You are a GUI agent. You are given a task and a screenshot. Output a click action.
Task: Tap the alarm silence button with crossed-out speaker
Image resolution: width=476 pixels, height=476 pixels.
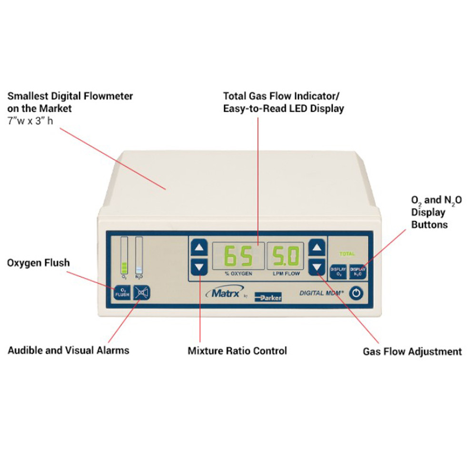pyautogui.click(x=141, y=292)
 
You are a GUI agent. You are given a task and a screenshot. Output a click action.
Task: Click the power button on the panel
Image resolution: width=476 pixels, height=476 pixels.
pyautogui.click(x=357, y=293)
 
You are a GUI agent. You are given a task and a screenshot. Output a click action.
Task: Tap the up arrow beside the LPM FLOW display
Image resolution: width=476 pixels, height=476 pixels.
pyautogui.click(x=317, y=248)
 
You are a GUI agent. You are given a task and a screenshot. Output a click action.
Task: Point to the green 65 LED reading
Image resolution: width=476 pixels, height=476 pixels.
pyautogui.click(x=238, y=256)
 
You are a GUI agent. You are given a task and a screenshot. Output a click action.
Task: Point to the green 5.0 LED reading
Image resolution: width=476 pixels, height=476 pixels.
pyautogui.click(x=286, y=256)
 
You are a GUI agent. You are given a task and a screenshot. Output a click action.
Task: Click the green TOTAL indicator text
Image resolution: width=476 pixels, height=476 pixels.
pyautogui.click(x=347, y=254)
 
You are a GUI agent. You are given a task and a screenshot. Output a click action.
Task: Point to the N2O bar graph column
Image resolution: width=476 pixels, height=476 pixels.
pyautogui.click(x=139, y=255)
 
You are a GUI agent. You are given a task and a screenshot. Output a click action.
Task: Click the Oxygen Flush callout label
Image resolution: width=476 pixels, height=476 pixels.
pyautogui.click(x=38, y=263)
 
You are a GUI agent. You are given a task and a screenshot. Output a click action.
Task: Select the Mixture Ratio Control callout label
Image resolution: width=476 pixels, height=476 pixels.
pyautogui.click(x=237, y=351)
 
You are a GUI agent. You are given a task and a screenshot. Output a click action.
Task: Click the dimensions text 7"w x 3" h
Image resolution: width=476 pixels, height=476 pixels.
pyautogui.click(x=30, y=120)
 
